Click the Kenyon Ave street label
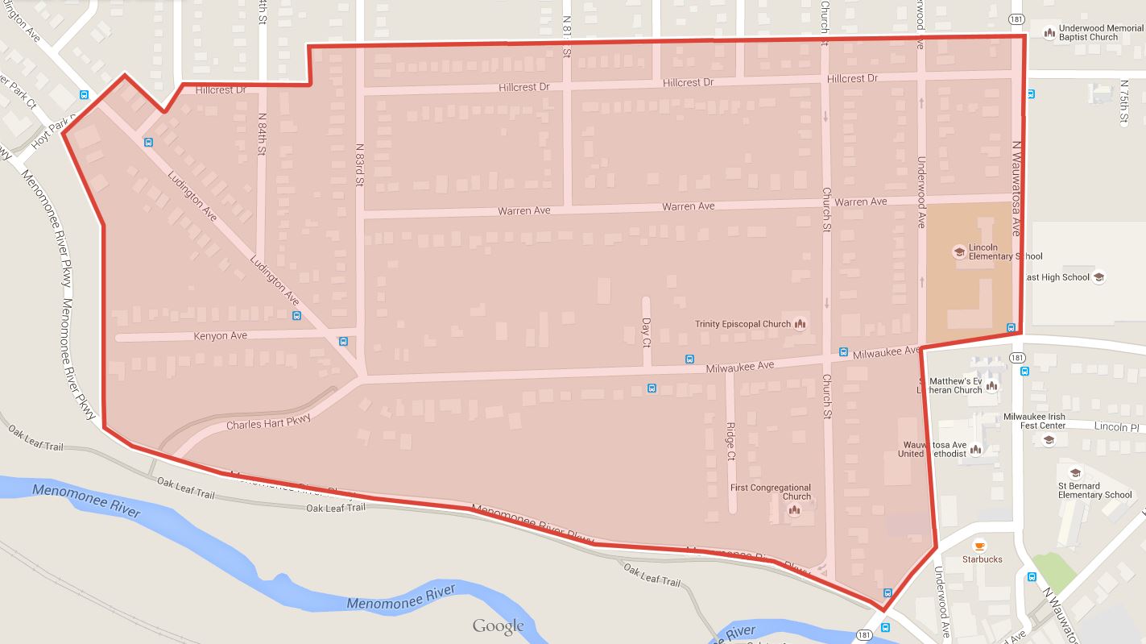(220, 335)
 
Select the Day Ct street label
(645, 331)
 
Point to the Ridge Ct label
(730, 442)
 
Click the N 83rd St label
(360, 164)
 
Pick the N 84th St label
(262, 145)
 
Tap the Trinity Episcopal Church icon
(800, 324)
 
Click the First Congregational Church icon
(794, 510)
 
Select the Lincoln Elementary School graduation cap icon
(959, 251)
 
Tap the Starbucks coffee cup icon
(979, 545)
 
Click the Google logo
(498, 626)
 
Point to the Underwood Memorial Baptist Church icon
(1049, 33)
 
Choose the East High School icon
(1098, 277)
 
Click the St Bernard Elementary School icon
(1074, 473)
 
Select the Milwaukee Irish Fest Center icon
(1049, 440)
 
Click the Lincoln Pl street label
(1117, 427)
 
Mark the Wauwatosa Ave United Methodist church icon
(975, 449)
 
